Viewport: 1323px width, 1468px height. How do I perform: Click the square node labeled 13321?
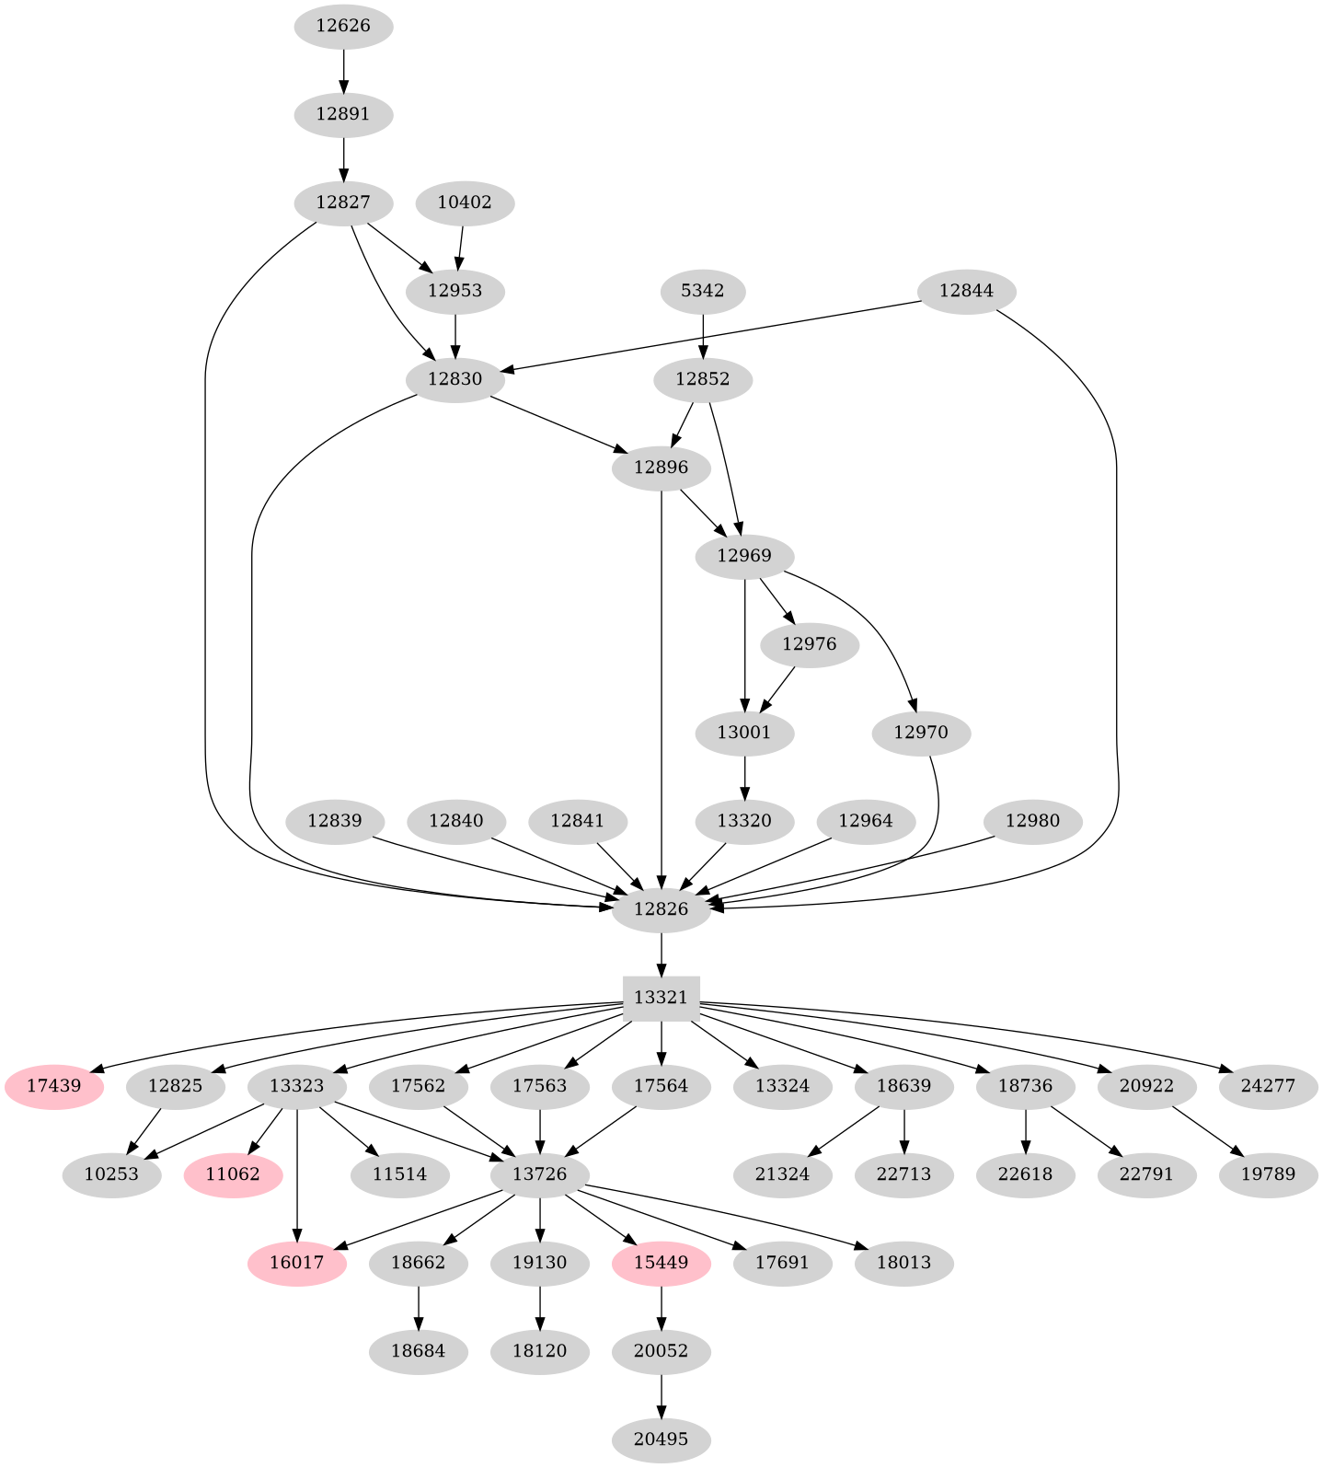click(661, 998)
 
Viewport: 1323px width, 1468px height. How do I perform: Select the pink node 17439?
click(53, 1086)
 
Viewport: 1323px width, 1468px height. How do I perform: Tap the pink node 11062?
click(233, 1174)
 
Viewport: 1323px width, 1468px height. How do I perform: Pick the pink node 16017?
click(296, 1263)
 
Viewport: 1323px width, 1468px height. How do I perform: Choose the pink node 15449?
click(661, 1263)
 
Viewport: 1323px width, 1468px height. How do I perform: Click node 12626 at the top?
click(343, 26)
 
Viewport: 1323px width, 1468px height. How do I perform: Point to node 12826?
click(661, 909)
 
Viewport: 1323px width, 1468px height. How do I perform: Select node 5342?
click(703, 291)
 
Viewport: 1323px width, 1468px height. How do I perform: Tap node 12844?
click(966, 291)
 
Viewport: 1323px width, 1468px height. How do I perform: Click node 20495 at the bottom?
click(661, 1439)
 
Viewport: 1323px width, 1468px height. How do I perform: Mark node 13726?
click(539, 1174)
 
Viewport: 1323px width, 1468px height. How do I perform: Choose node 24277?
click(1269, 1086)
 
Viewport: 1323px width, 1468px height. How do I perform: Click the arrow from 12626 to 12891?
click(343, 70)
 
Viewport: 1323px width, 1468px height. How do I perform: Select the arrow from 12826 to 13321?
click(661, 954)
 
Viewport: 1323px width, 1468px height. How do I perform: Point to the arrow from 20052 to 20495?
click(661, 1395)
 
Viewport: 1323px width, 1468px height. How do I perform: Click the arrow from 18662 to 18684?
click(419, 1307)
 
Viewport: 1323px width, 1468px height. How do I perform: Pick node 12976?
click(810, 644)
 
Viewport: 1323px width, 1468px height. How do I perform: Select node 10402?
click(465, 202)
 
